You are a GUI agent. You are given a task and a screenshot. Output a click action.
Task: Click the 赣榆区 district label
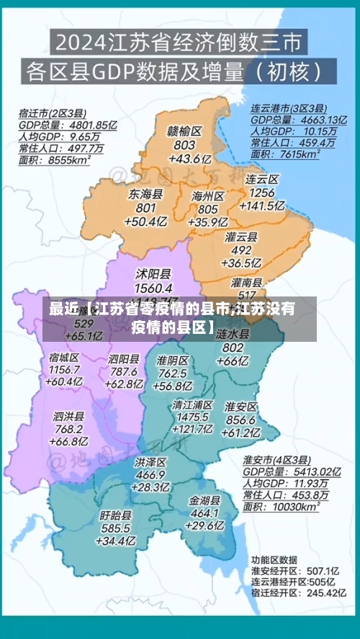click(185, 131)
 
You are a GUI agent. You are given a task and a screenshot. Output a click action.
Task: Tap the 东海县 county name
click(146, 194)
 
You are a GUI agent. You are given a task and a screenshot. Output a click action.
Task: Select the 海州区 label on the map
click(208, 196)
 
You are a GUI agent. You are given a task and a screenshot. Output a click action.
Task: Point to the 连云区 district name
click(262, 179)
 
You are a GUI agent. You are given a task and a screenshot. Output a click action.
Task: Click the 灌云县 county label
click(241, 235)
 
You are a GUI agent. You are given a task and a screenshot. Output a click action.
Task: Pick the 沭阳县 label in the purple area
click(153, 273)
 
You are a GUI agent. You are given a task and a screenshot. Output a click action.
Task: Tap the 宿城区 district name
click(64, 357)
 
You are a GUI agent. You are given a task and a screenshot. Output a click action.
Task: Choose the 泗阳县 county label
click(123, 358)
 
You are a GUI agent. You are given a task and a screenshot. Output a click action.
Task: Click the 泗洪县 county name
click(69, 416)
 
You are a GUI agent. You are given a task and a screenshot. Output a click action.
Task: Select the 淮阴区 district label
click(173, 360)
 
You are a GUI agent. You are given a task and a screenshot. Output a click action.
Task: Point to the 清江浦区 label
click(192, 404)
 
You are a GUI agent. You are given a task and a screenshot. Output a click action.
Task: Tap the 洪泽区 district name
click(150, 462)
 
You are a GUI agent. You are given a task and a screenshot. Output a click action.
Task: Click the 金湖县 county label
click(204, 499)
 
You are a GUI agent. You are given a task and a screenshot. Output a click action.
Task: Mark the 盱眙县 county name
click(116, 515)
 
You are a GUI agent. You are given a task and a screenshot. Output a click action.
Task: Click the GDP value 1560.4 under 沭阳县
click(153, 287)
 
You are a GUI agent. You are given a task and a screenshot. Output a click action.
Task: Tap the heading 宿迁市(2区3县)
click(53, 113)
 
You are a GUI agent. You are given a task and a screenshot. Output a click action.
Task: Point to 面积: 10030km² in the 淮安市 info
click(282, 506)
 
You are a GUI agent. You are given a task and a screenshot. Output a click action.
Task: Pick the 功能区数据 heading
click(274, 559)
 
